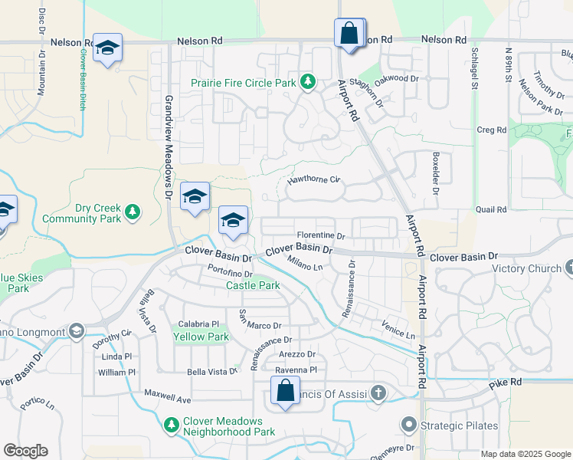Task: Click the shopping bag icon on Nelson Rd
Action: [x=349, y=34]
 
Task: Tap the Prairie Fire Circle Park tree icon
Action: [x=307, y=80]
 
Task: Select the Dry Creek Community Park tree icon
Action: [x=133, y=211]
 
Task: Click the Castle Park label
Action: [x=252, y=286]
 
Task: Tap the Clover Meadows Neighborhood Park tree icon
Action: [x=171, y=423]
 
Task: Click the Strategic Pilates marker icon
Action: [x=408, y=425]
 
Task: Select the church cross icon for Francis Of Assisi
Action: [x=377, y=394]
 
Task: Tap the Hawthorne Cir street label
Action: [x=313, y=181]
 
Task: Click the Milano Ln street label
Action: [x=306, y=264]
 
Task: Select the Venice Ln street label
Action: [x=398, y=331]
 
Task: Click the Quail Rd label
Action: [x=491, y=209]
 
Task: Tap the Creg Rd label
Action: [x=491, y=130]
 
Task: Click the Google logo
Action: [x=25, y=451]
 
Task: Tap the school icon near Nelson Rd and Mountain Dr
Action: [x=107, y=48]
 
